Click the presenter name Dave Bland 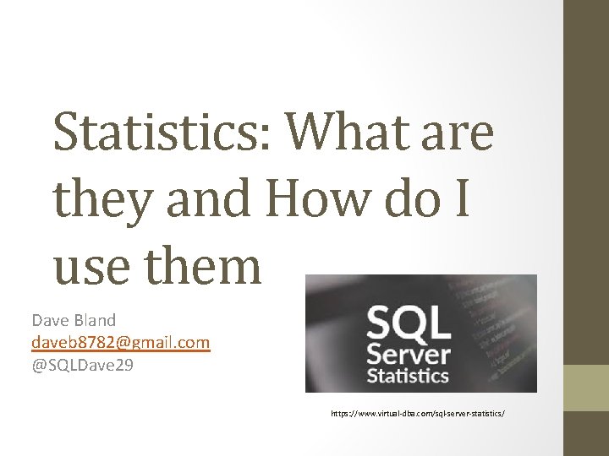pos(74,320)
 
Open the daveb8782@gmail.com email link pos(120,342)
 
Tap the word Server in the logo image pos(408,353)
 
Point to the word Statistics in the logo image pos(408,375)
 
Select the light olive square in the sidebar pos(586,388)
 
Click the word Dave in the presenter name pos(49,320)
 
